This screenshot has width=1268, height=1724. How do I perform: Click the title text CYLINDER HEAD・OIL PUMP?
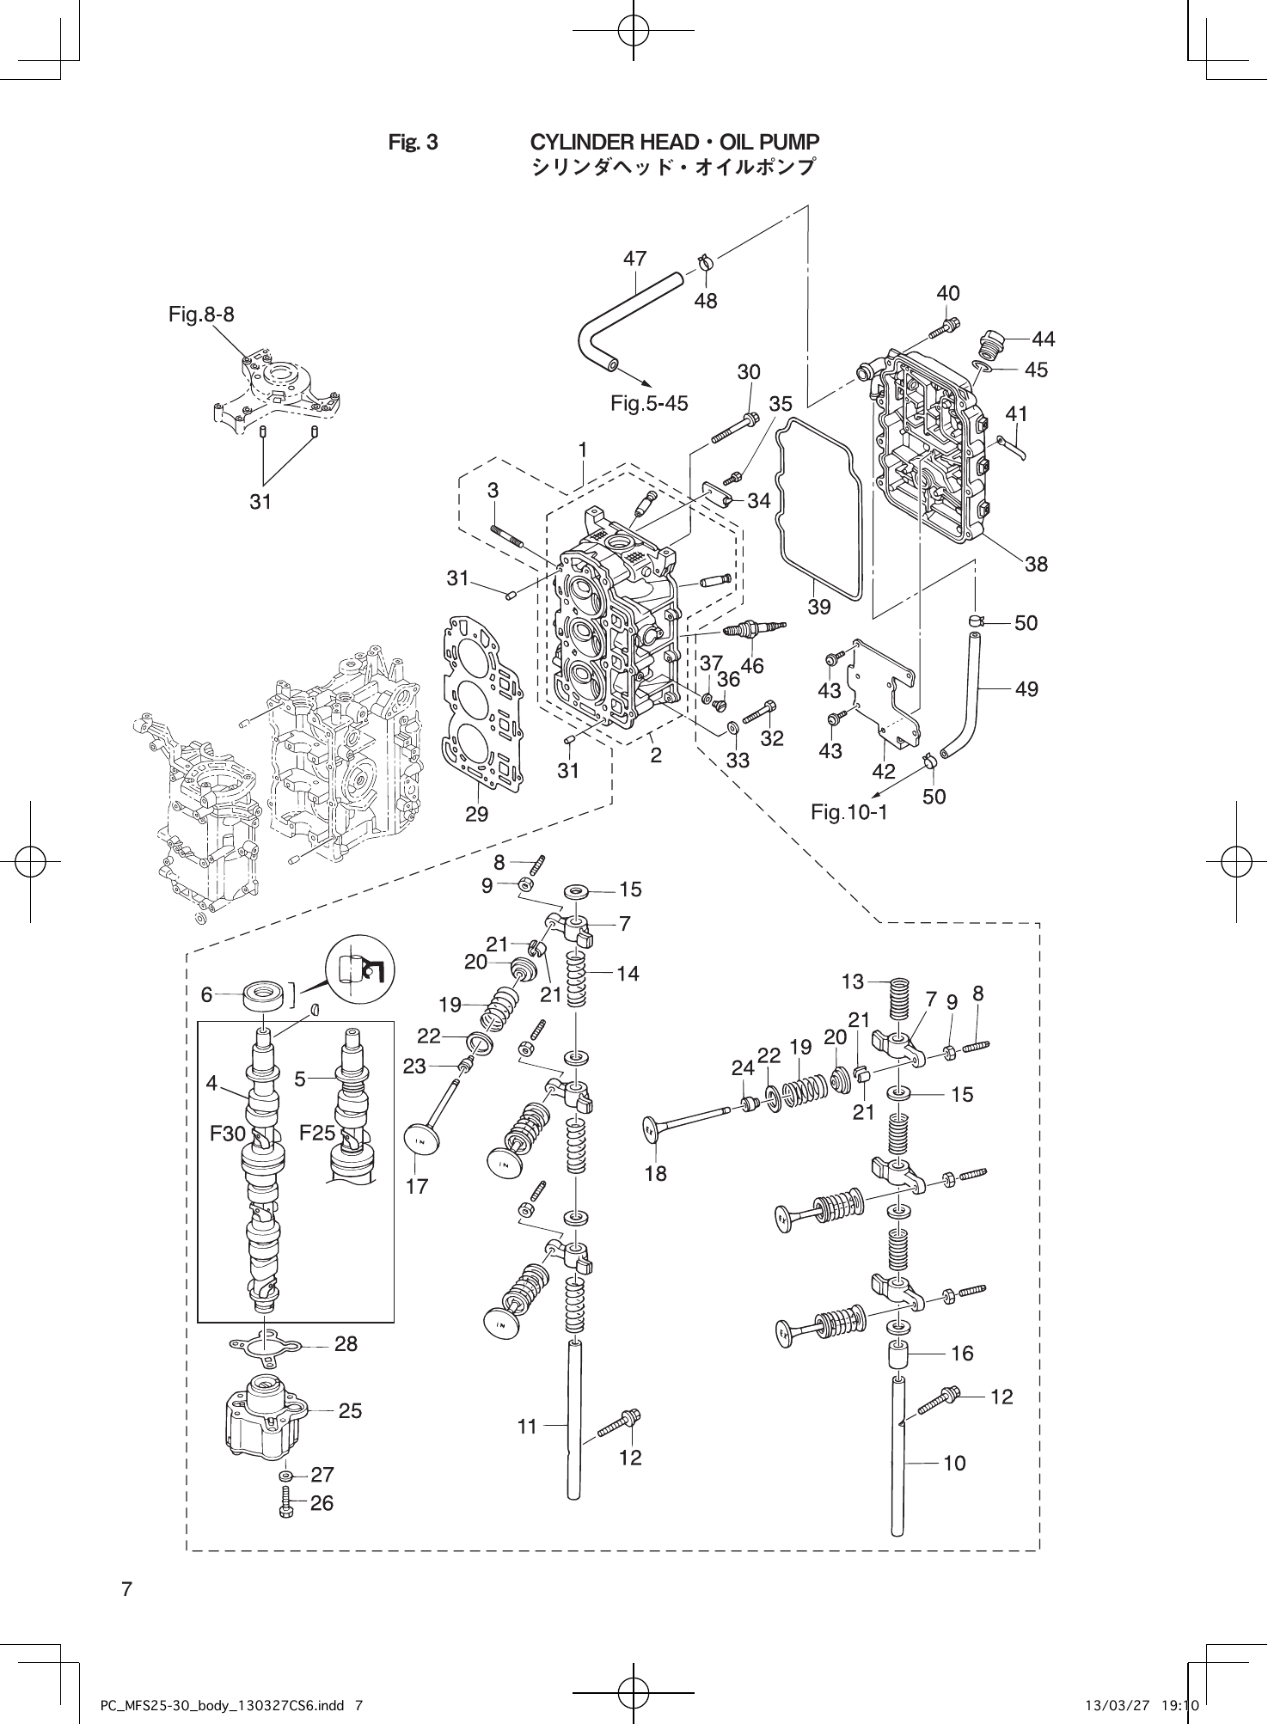tap(674, 142)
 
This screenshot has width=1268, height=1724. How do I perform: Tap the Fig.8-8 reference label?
tap(201, 315)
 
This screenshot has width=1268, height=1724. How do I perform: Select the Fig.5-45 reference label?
tap(649, 403)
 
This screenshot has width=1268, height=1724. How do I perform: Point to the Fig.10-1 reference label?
tap(848, 811)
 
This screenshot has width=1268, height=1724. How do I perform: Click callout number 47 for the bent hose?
tap(634, 258)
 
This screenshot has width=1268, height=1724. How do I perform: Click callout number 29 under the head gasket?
tap(476, 814)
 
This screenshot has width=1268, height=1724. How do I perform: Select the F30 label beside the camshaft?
tap(228, 1134)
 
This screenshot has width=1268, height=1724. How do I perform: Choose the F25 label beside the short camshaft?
tap(317, 1133)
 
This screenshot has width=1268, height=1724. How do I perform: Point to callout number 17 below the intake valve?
tap(417, 1186)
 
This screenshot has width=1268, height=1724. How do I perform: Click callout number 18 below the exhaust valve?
tap(655, 1173)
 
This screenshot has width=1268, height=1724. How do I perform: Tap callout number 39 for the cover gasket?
tap(819, 607)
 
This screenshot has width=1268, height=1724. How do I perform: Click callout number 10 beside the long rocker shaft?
tap(954, 1462)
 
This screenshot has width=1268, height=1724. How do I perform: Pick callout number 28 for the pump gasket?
tap(346, 1343)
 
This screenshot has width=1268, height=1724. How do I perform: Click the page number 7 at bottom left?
tap(126, 1589)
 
